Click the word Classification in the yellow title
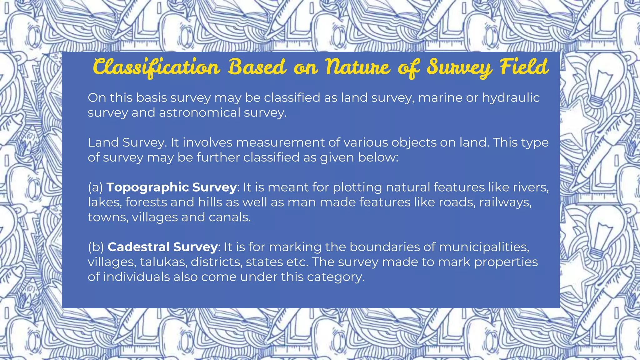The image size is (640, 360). point(156,67)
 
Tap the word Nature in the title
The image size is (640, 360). point(357,67)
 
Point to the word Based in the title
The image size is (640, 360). point(257,67)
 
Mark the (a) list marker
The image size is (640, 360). point(95,187)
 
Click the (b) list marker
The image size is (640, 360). point(96,247)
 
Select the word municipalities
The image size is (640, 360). point(484,247)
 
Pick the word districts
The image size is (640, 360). point(216,262)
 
